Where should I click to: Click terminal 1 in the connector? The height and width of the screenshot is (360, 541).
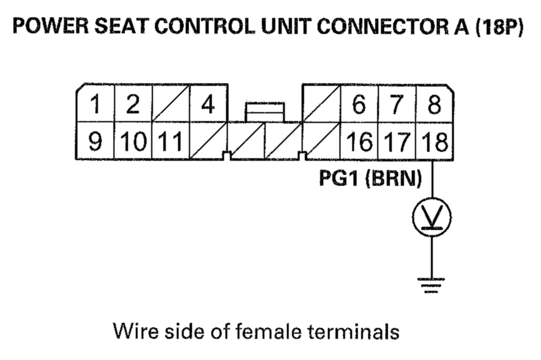pos(95,104)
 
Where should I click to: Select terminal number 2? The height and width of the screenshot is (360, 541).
pos(133,104)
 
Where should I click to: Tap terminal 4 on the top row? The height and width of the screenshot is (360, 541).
pos(208,104)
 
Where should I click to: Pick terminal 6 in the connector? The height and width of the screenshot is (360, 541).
pos(359,104)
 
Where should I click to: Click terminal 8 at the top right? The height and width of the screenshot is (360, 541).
pos(434,104)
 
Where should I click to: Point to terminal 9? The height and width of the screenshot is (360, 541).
pos(95,141)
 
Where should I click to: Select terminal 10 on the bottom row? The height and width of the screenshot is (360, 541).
pos(133,141)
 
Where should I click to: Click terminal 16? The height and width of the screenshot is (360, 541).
pos(359,141)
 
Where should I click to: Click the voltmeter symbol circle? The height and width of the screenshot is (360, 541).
pos(432,217)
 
